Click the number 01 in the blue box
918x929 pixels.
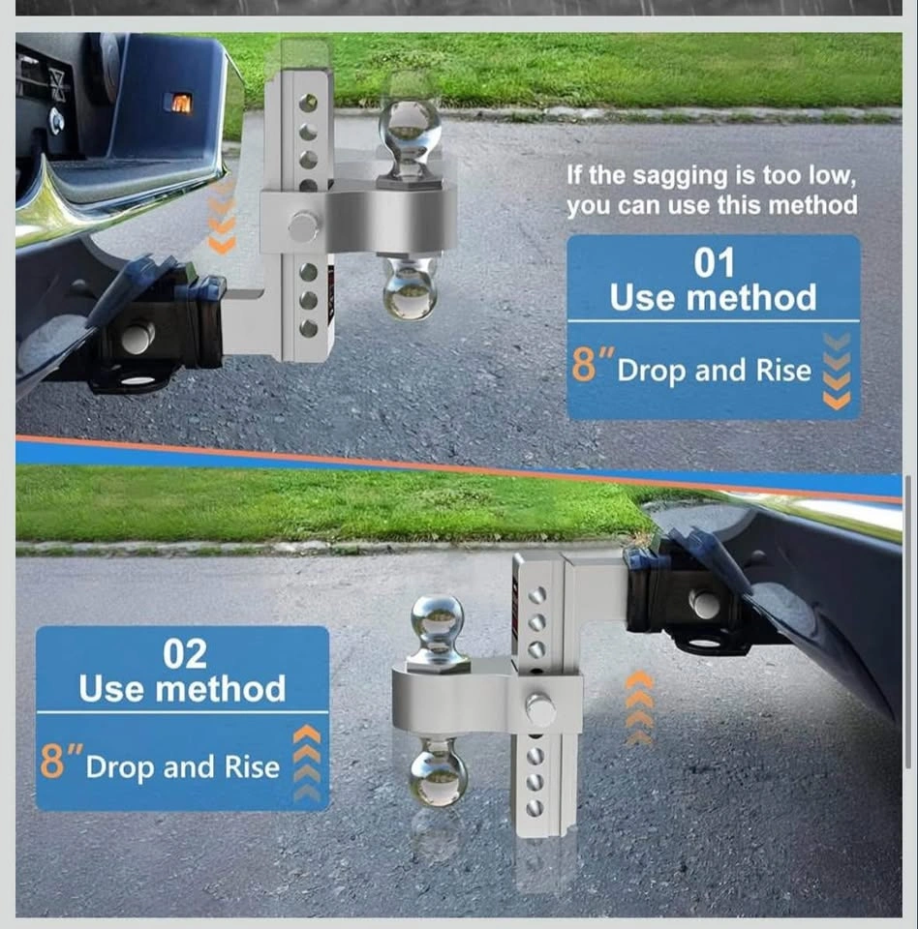714,262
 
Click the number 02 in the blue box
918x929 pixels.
185,653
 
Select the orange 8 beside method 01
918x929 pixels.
584,364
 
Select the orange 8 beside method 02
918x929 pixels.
52,761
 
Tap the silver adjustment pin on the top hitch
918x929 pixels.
304,226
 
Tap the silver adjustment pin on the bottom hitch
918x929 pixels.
540,710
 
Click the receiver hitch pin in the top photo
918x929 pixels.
138,338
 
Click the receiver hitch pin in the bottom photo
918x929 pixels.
705,604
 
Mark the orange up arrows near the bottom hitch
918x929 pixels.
639,707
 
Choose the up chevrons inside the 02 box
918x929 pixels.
307,764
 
